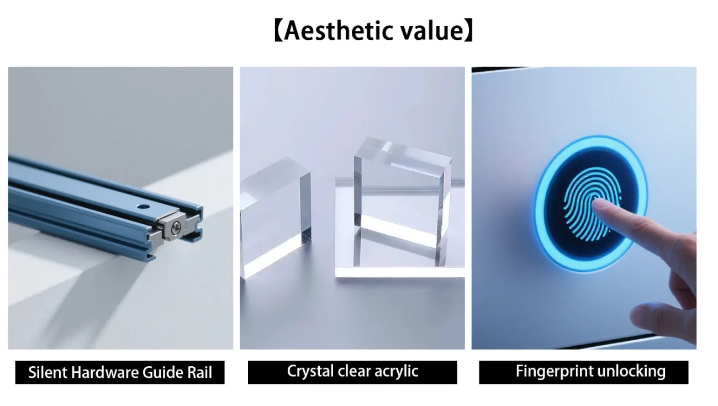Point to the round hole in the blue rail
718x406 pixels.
pyautogui.click(x=144, y=207)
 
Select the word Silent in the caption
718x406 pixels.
pyautogui.click(x=47, y=372)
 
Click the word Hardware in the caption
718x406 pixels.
pyautogui.click(x=105, y=372)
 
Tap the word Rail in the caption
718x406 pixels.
pyautogui.click(x=200, y=372)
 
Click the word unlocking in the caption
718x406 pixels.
pyautogui.click(x=631, y=371)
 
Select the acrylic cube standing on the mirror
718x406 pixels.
pyautogui.click(x=402, y=202)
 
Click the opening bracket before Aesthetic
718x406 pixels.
pyautogui.click(x=278, y=31)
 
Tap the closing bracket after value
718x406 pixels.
pyautogui.click(x=468, y=31)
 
